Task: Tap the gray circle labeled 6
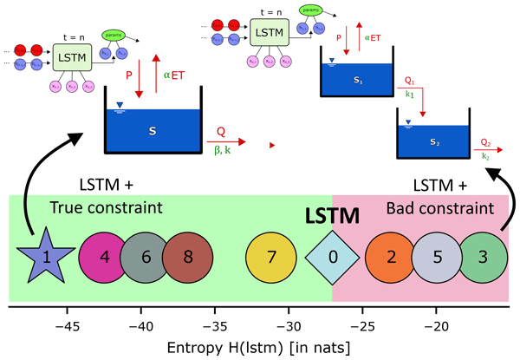pos(144,258)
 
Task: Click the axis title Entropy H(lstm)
pos(260,347)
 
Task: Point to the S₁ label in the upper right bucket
pos(357,80)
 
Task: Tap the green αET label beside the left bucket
pos(173,75)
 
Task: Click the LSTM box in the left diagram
pos(75,59)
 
